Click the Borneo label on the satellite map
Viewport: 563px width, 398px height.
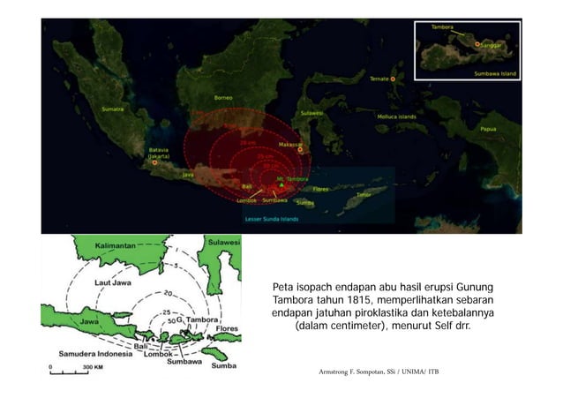point(224,97)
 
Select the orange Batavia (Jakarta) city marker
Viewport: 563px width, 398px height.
point(154,162)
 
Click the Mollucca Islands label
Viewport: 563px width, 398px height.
point(415,116)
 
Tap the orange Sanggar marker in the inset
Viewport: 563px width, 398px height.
point(477,43)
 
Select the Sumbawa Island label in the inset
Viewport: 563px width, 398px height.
point(495,73)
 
